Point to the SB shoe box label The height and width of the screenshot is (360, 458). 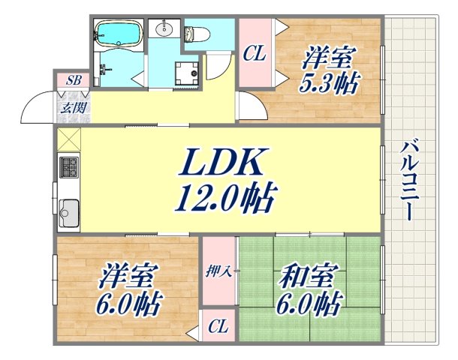point(74,80)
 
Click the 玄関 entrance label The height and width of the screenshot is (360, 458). point(73,107)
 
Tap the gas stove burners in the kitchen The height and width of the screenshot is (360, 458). point(68,166)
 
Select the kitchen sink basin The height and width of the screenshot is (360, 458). point(68,210)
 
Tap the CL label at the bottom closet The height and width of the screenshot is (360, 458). point(218,327)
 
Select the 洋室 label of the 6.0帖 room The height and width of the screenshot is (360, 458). point(128,275)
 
